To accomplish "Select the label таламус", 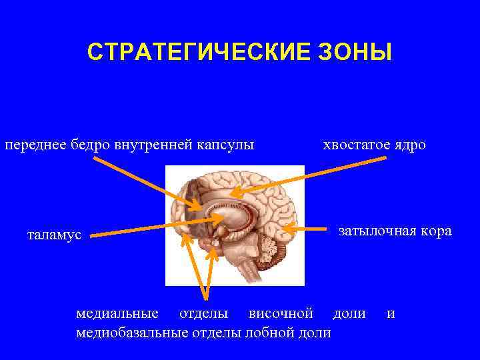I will tap(54, 235).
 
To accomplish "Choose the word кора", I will tap(437, 231).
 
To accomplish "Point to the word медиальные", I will tap(117, 313).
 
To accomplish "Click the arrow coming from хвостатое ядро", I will tap(307, 175).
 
